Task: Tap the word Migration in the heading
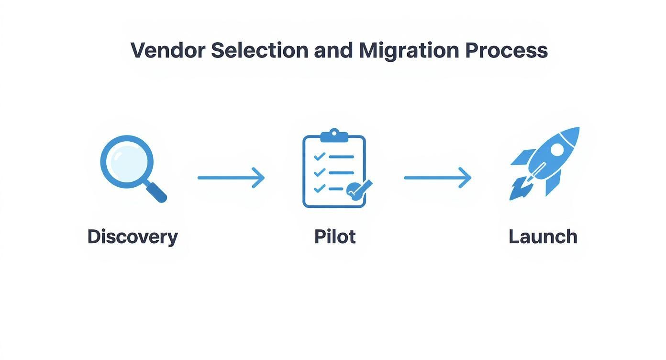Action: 409,51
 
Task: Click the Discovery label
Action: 133,237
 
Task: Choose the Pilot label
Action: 335,236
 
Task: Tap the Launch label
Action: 543,236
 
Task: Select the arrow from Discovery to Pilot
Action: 231,178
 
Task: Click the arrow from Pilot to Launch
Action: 437,178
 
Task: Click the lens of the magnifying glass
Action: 127,162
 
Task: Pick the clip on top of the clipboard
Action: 334,135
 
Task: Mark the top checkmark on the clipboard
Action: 319,156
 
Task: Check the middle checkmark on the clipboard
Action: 319,172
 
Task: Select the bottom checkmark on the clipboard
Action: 319,188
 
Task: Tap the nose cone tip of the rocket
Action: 578,128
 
